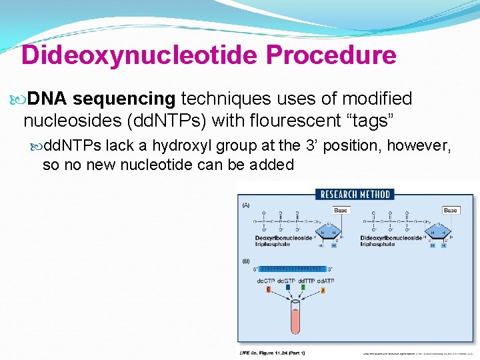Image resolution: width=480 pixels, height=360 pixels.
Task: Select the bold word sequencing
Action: [124, 99]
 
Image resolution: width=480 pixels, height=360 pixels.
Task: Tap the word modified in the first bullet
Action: [377, 99]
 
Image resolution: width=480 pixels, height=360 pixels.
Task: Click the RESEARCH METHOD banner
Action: [355, 194]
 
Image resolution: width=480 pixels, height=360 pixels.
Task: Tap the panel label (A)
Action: [247, 204]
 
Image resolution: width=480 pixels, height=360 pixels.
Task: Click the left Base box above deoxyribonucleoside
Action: [340, 210]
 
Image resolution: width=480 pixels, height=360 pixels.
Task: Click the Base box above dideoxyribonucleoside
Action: [451, 210]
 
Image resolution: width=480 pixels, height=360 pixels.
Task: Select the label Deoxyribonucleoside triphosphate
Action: [283, 241]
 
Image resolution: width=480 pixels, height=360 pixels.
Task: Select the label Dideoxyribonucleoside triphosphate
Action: [391, 241]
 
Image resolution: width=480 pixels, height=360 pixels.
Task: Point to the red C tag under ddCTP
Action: [269, 289]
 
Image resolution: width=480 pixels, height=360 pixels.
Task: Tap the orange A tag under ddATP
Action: [322, 290]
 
